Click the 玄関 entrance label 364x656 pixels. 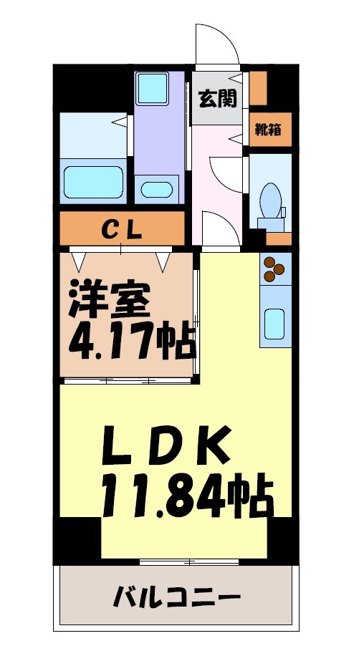click(x=217, y=99)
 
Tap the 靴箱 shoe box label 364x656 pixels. click(x=270, y=131)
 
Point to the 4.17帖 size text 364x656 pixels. click(x=132, y=341)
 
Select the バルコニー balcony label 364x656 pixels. click(x=176, y=597)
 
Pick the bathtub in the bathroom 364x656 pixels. click(x=94, y=182)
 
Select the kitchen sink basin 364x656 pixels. click(x=274, y=323)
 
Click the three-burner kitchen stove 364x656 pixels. click(x=274, y=269)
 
